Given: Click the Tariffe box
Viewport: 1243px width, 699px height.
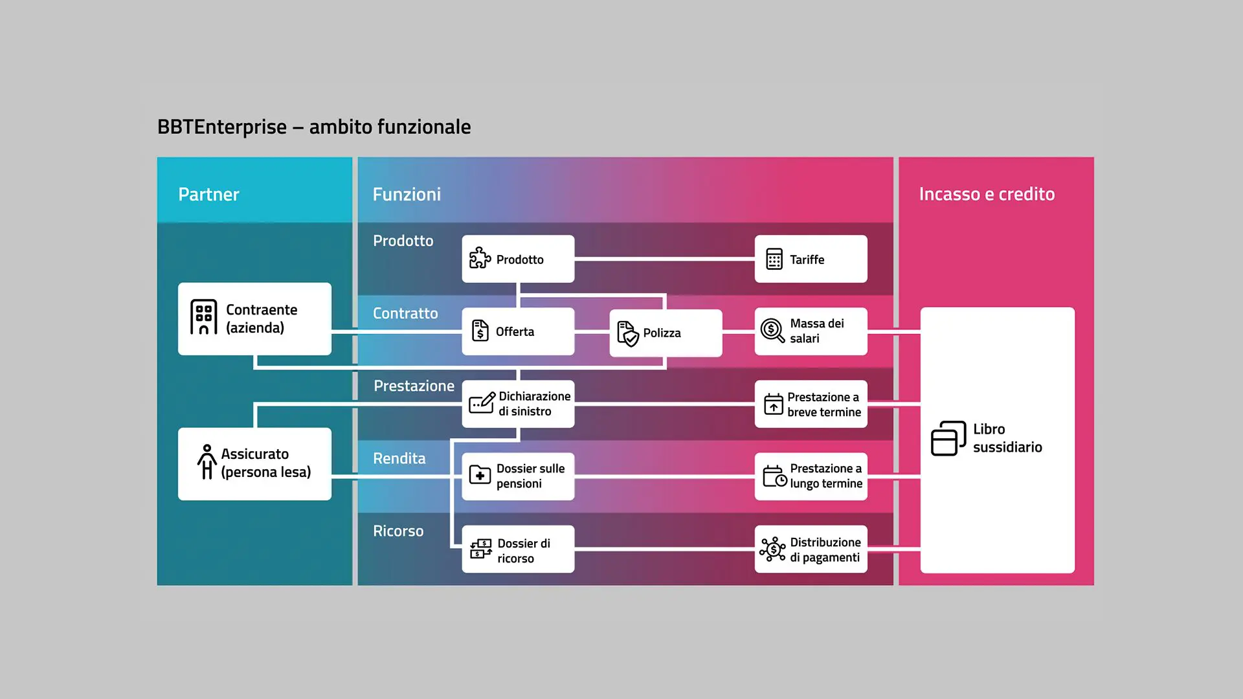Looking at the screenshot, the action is (x=811, y=259).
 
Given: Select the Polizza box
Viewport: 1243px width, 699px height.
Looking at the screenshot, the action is (x=666, y=333).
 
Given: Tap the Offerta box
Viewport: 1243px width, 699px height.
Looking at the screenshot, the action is (x=518, y=331).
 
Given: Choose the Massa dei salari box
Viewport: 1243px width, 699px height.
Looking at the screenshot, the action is (x=811, y=331).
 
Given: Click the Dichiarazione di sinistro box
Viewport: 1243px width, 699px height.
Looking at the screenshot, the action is (x=518, y=404).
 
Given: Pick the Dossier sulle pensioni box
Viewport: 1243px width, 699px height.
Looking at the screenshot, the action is (x=518, y=476).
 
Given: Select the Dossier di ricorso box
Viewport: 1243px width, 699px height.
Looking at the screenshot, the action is (x=518, y=549).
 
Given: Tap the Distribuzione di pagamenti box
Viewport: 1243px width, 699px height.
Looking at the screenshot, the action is (x=811, y=549).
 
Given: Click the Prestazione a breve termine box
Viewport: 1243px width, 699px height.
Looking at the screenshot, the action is (x=811, y=404).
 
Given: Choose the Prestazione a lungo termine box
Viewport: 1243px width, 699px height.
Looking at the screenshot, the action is (x=811, y=476).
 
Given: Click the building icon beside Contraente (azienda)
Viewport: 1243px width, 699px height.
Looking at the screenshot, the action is (x=203, y=317).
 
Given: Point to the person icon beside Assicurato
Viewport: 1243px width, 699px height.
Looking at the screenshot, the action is (x=207, y=461).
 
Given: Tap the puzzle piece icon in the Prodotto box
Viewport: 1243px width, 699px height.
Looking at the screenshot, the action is (x=480, y=258).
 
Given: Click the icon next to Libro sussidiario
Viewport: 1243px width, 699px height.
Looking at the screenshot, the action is (x=948, y=438).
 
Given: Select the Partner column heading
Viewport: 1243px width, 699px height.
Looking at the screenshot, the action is (x=208, y=194).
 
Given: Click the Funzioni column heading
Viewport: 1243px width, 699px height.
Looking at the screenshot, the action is (x=407, y=194).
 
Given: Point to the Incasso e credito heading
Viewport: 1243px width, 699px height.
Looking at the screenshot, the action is (x=987, y=194).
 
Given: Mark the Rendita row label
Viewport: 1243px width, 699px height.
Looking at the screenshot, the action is (x=399, y=458).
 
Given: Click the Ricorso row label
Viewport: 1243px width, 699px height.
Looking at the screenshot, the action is (x=398, y=531).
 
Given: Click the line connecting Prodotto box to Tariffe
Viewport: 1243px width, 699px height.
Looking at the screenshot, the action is (x=665, y=259).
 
